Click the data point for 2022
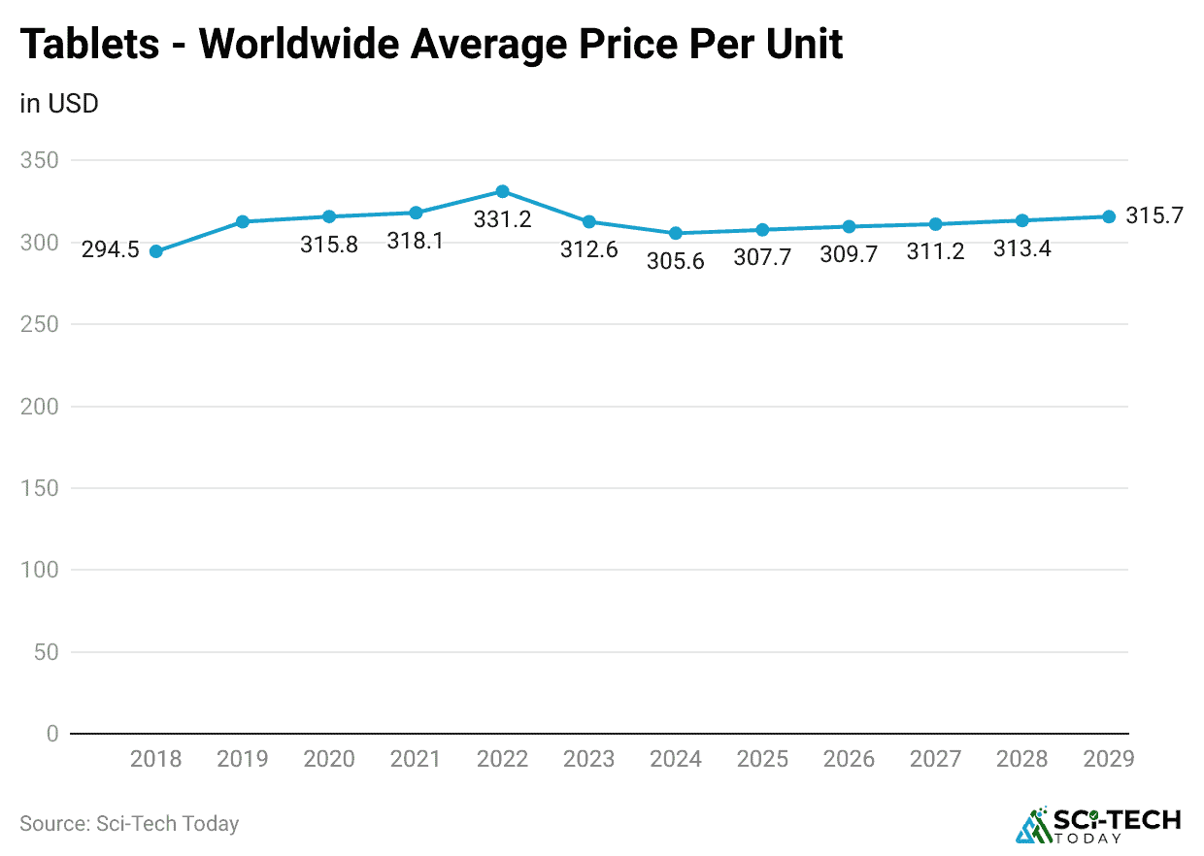coord(502,191)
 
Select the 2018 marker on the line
coord(155,251)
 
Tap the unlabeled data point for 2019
coord(243,221)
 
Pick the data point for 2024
coord(676,233)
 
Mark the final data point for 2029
coord(1108,216)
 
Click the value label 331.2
coord(502,219)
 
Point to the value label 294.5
coord(110,250)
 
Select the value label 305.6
coord(676,261)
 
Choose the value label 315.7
coord(1154,215)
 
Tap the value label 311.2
coord(935,252)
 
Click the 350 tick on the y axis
coord(39,160)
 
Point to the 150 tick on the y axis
coord(39,488)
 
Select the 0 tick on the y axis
coord(51,734)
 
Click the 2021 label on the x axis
coord(416,759)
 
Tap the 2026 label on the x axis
coord(849,759)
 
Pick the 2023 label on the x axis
coord(588,759)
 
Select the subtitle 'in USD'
coord(59,103)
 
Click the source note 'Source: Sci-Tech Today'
coord(129,824)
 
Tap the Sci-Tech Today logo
coord(1098,824)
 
